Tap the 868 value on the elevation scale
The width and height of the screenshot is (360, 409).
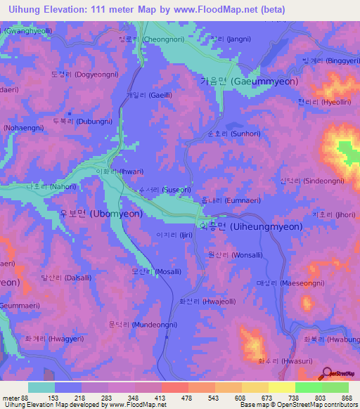click(347, 398)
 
